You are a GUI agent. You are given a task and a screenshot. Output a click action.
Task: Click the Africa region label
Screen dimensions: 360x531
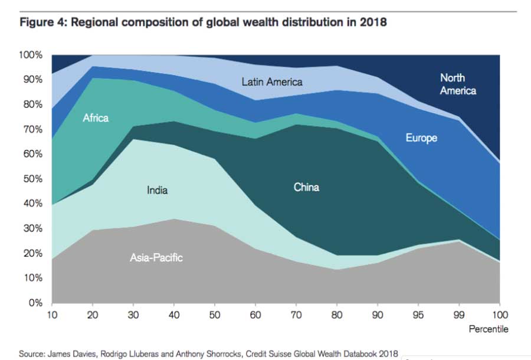coord(96,118)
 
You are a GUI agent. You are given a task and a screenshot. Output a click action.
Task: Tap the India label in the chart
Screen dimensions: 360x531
coord(157,190)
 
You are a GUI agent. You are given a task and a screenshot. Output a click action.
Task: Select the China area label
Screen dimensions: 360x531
coord(306,188)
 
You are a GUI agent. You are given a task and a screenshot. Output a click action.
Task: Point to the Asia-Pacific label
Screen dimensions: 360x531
coord(156,258)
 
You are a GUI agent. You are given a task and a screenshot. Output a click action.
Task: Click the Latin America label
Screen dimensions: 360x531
coord(272,82)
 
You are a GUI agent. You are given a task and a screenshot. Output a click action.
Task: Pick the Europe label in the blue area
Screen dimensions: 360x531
coord(421,138)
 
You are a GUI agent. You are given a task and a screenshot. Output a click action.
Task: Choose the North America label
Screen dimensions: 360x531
coord(458,84)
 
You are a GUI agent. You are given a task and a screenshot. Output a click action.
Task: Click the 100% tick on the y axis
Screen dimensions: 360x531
coord(31,55)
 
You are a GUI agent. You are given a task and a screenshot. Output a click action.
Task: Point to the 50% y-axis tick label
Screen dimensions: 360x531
coord(32,179)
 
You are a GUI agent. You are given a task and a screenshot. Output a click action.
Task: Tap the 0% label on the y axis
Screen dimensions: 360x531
coord(35,303)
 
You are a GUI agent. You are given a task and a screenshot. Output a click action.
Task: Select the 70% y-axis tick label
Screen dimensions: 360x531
coord(32,129)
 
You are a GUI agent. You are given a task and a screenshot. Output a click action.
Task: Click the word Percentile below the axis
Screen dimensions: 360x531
coord(489,329)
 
